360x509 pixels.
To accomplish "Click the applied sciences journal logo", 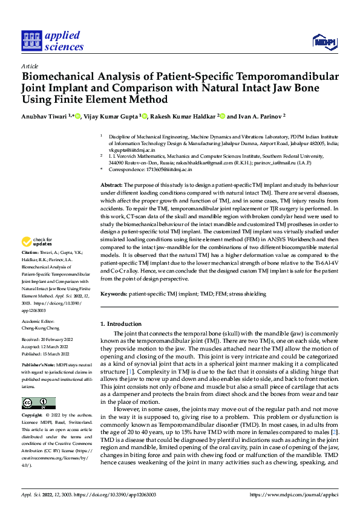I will coord(52,41).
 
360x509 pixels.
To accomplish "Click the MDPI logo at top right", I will coord(324,41).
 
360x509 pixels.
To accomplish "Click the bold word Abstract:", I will coord(112,184).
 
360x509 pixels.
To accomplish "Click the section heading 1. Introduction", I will coord(120,324).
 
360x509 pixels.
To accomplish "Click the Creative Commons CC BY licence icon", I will coord(38,403).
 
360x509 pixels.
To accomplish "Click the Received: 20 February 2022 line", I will coord(47,340).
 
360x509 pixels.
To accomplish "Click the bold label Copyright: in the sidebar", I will coord(33,417).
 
